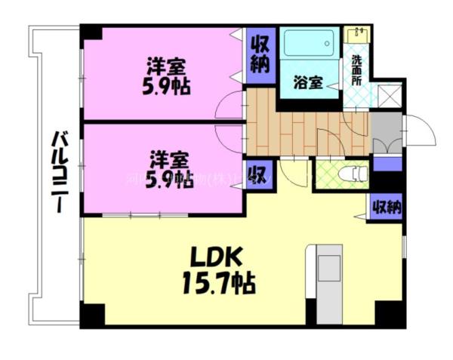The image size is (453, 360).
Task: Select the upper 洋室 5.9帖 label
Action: [166, 75]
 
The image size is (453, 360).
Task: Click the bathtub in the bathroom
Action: [310, 44]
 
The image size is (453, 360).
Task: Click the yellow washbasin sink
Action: [355, 34]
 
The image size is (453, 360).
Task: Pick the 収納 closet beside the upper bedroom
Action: [260, 54]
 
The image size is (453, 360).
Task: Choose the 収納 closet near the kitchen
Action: [385, 207]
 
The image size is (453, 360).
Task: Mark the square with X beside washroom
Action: [390, 94]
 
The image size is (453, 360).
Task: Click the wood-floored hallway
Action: [302, 128]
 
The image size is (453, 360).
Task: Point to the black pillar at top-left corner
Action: [91, 33]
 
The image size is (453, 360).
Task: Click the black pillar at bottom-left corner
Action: [91, 315]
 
